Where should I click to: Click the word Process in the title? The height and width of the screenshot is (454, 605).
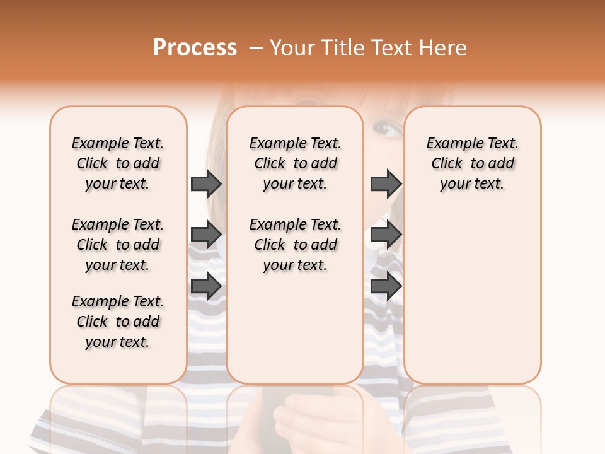(x=195, y=48)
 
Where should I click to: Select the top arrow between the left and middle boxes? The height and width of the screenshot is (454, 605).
(x=206, y=183)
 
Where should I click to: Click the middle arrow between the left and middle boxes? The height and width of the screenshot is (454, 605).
(x=206, y=235)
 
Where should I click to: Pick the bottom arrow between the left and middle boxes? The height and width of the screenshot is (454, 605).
(x=206, y=286)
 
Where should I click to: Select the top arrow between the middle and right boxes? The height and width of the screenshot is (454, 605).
(x=386, y=183)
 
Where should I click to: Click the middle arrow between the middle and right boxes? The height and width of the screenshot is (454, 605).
(x=386, y=235)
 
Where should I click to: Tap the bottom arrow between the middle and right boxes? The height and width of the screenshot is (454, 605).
(x=386, y=286)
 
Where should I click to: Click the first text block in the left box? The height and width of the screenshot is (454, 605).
(x=118, y=163)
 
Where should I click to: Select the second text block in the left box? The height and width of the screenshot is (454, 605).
(x=118, y=245)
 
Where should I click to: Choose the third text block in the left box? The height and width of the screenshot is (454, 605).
(x=118, y=322)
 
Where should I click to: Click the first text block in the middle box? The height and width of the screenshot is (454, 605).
(x=295, y=163)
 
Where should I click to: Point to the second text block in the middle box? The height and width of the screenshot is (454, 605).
(x=295, y=245)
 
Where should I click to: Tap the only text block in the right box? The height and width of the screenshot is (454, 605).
(x=472, y=163)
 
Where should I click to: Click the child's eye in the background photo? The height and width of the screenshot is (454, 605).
(x=386, y=130)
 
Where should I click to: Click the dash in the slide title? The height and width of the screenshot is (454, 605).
(x=256, y=48)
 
